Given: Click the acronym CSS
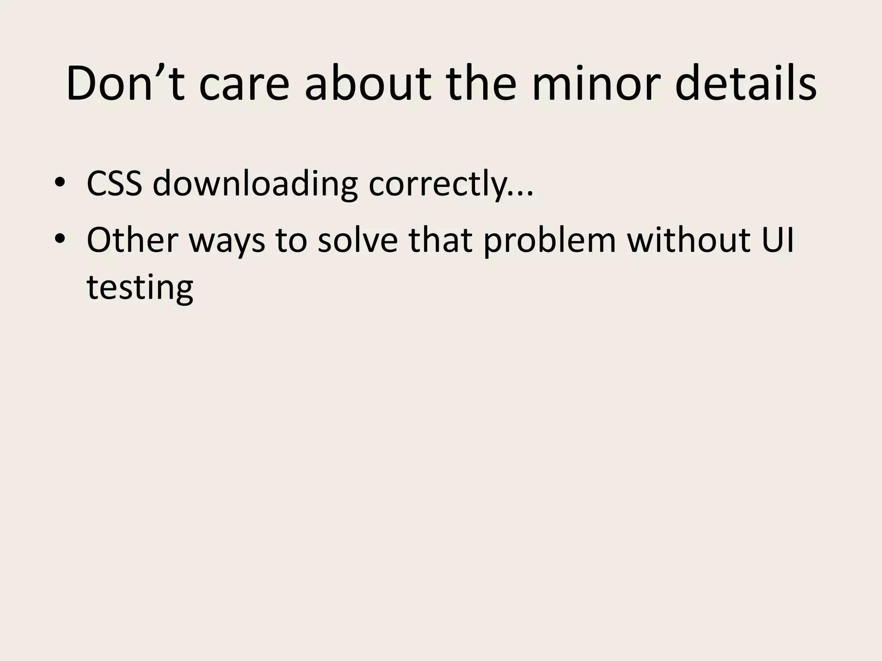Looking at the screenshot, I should pos(114,183).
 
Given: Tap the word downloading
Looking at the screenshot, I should pos(255,184).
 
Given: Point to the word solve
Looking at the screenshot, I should pos(357,239).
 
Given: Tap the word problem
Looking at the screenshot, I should pos(550,240).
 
